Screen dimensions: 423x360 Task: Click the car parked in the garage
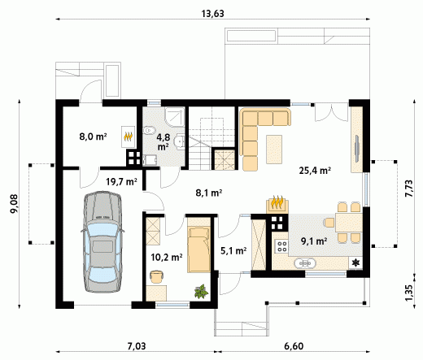(102, 242)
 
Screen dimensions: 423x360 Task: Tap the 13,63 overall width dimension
(213, 14)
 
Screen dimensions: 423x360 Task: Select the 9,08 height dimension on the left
(14, 204)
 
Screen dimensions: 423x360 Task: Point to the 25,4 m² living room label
(315, 171)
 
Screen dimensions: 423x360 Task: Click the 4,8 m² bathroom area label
(163, 141)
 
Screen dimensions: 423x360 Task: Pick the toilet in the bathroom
(149, 131)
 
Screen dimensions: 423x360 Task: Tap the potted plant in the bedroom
(202, 292)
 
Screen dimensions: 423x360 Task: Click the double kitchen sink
(305, 262)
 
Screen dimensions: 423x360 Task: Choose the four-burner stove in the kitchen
(281, 246)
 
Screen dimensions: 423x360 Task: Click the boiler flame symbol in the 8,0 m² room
(128, 137)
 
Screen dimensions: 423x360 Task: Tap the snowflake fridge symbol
(355, 262)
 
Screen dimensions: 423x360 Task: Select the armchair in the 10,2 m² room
(156, 276)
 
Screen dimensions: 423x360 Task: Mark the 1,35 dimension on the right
(409, 292)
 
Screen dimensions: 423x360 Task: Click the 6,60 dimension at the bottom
(294, 346)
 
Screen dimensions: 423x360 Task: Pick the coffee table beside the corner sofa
(274, 150)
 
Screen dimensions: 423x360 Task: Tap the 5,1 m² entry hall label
(233, 251)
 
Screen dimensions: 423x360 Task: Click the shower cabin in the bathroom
(175, 117)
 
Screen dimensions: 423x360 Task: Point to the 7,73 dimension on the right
(409, 189)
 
